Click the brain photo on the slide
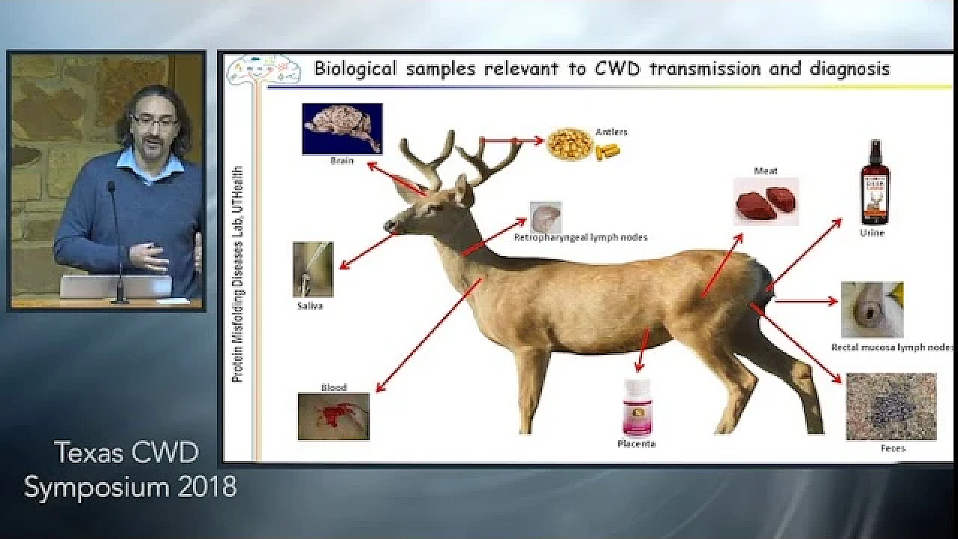(342, 129)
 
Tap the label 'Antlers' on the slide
(611, 132)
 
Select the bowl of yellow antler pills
(570, 144)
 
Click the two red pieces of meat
(766, 201)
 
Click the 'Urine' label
(872, 233)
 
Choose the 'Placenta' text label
(636, 443)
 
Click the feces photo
(891, 406)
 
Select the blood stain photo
(334, 416)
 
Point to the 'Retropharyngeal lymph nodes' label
(580, 237)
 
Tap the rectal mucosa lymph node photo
(872, 309)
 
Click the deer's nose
(388, 225)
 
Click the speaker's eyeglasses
(154, 120)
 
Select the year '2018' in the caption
(207, 487)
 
